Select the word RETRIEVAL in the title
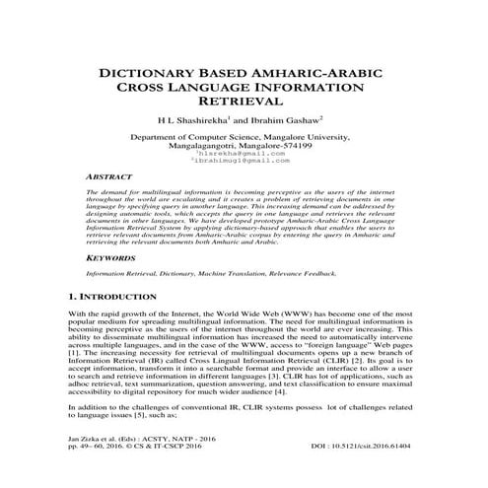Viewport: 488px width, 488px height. [x=244, y=102]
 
